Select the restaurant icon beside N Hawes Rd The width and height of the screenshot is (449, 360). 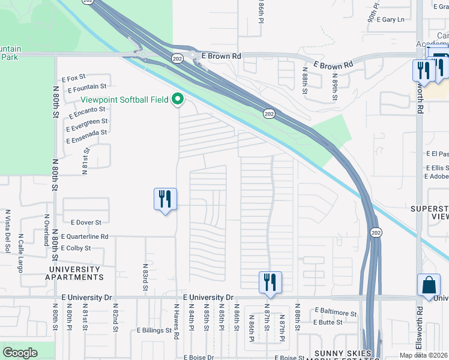coord(165,199)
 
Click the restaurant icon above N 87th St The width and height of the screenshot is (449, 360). coord(270,281)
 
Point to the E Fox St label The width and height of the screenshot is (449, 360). coord(74,78)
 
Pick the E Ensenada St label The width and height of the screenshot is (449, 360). coord(86,136)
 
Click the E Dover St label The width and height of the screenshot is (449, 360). coord(86,223)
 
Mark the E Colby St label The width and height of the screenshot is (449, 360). coord(76,248)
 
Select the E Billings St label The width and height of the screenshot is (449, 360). coord(154,331)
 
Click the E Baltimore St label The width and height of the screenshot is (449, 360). coord(336,312)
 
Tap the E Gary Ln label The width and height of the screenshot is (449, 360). coord(393,20)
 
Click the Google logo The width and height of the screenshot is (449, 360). coord(20,353)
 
